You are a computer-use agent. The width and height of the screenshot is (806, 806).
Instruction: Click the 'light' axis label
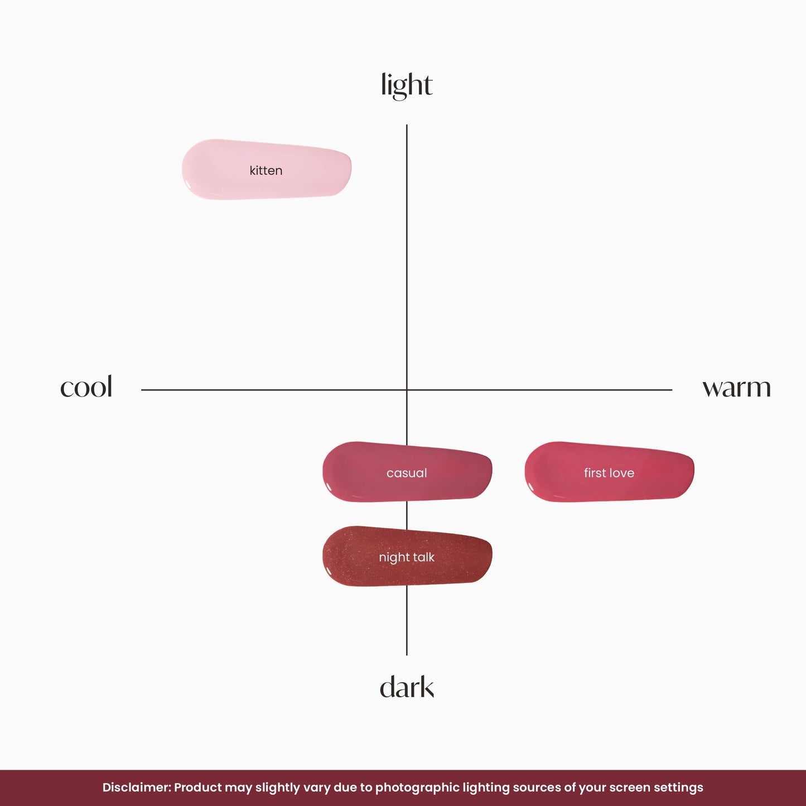[x=407, y=85]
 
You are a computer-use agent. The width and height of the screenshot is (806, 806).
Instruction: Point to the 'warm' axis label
[x=736, y=388]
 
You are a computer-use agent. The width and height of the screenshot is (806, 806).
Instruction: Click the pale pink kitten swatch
[x=267, y=170]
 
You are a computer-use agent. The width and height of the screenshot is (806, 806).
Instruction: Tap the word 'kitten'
[x=266, y=170]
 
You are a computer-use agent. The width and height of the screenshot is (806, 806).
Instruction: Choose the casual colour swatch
[x=407, y=472]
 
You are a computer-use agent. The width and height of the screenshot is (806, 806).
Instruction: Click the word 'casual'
[x=407, y=473]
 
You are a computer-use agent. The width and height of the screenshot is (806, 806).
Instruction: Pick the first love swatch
[x=610, y=472]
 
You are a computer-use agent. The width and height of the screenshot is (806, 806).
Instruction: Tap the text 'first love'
[x=609, y=472]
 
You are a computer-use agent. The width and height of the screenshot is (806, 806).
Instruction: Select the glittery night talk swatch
[x=407, y=556]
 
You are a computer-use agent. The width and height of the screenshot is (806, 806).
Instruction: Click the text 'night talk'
[x=407, y=558]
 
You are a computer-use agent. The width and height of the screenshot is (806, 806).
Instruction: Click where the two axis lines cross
[x=407, y=390]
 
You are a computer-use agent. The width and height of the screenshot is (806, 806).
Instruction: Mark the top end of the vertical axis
[x=407, y=124]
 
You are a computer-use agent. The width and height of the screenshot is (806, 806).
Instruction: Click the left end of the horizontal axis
[x=141, y=390]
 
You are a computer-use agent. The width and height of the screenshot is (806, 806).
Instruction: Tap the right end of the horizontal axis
[x=672, y=390]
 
